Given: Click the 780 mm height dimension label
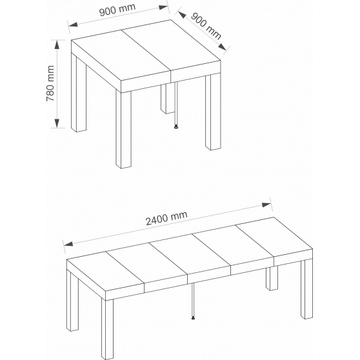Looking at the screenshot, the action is tap(50, 83).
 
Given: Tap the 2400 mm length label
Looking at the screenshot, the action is tap(166, 218).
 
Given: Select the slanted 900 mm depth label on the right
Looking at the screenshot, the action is tap(206, 26).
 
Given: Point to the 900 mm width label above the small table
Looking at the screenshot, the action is tap(117, 10).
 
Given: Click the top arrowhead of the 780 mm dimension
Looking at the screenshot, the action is tap(57, 45).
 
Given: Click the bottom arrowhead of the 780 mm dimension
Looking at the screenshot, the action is tap(57, 123).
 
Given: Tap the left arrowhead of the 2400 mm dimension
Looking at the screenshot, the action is tap(68, 244).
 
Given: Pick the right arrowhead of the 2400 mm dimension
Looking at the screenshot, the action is tap(266, 205).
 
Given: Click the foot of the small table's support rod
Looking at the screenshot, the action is tap(176, 126).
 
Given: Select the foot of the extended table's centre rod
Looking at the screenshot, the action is tap(193, 318).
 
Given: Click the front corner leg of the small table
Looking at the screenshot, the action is tap(123, 130).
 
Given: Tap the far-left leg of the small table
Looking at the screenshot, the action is tap(79, 93).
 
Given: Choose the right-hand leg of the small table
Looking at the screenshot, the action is tap(213, 112).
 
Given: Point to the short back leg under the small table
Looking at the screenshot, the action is tap(166, 99).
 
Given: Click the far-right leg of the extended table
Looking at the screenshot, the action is tap(306, 290).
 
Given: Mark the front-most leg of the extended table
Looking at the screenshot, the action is tap(108, 329).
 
